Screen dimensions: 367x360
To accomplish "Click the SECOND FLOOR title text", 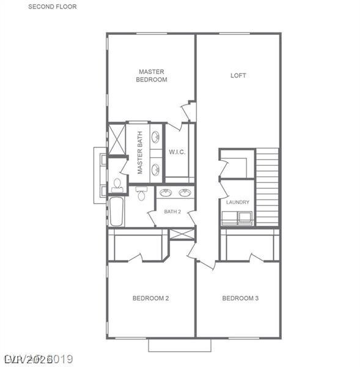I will (53, 7).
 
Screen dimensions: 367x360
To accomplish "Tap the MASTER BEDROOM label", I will (152, 75).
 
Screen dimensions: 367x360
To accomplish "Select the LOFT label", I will (238, 76).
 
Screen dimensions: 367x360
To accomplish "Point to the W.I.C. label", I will (177, 152).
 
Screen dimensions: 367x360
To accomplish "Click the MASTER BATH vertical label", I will (140, 154).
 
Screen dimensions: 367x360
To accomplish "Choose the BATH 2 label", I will (172, 212).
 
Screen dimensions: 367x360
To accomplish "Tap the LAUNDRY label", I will (237, 202).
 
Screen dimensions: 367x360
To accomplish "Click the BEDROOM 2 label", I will (150, 298).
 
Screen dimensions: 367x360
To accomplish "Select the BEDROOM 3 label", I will (240, 298).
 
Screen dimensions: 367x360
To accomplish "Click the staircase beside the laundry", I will (267, 187).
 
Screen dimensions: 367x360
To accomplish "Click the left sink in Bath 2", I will (165, 193).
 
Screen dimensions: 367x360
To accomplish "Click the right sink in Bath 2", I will (185, 193).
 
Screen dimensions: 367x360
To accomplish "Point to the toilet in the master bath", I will (116, 184).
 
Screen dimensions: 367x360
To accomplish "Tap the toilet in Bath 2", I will (142, 194).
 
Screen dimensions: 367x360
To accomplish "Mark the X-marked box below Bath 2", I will (182, 234).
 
